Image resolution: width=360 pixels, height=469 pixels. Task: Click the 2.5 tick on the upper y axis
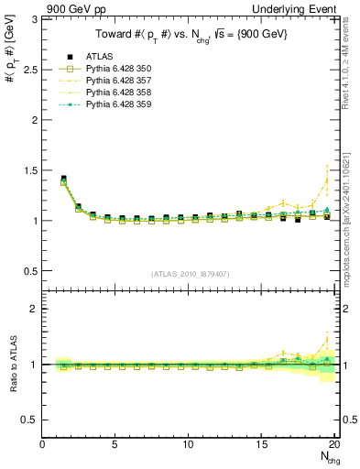(31, 70)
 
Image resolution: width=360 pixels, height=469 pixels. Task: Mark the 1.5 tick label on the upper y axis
(31, 170)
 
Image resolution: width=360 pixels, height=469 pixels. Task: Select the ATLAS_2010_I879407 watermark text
(190, 274)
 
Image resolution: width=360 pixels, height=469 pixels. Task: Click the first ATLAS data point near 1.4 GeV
(63, 179)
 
